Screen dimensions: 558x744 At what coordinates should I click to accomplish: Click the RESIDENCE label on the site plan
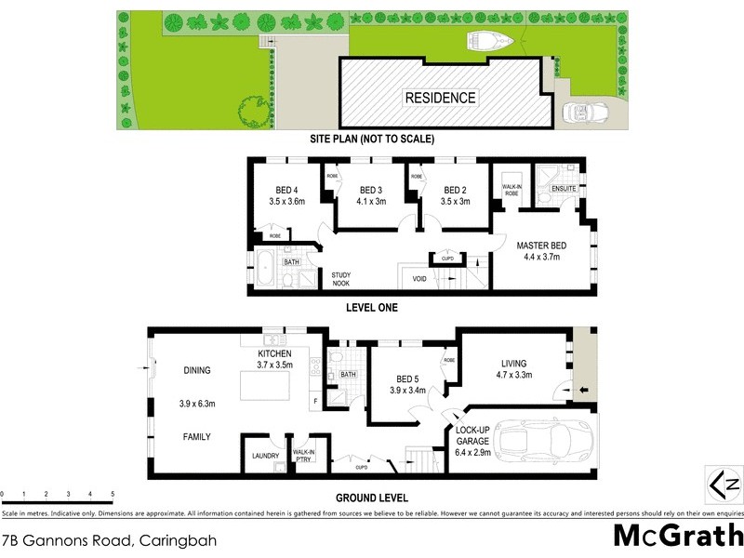point(440,98)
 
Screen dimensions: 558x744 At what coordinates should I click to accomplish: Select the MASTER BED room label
point(541,246)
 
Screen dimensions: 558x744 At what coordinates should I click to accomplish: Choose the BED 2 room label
point(454,188)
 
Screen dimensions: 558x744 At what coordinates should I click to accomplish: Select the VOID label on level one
point(419,278)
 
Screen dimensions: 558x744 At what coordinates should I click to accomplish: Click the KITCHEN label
point(275,354)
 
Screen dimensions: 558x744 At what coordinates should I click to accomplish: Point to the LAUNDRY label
point(265,456)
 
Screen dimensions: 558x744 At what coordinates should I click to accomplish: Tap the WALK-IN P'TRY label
point(304,456)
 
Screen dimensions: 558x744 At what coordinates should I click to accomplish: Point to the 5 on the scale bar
point(113,493)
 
